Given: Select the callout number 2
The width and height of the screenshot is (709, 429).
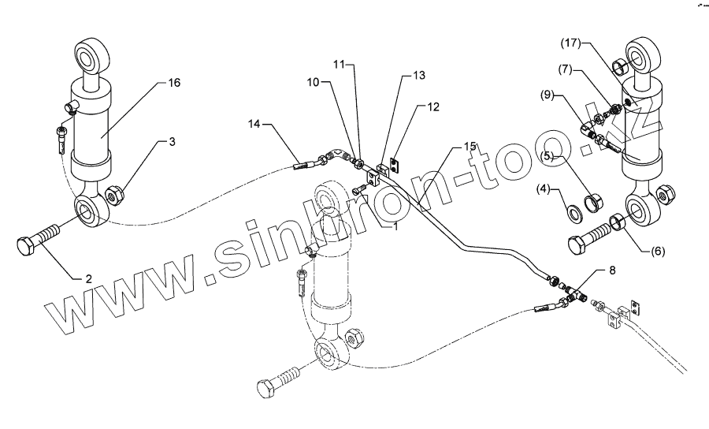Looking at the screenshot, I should (x=89, y=278).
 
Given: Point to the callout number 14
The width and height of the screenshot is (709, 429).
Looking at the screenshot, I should (x=253, y=124).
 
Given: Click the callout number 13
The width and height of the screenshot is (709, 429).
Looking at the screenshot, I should (x=418, y=75).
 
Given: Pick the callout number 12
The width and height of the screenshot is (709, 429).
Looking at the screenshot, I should (x=436, y=106).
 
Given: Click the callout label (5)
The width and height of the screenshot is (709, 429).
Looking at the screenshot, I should (x=549, y=156).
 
